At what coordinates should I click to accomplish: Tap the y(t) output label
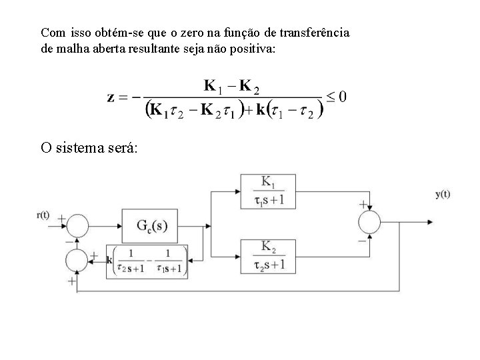click(443, 194)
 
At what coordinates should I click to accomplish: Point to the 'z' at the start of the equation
click(111, 97)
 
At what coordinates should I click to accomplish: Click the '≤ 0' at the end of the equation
click(334, 97)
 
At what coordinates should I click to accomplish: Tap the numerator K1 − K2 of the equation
click(231, 86)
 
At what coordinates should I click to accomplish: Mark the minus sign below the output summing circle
click(363, 239)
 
